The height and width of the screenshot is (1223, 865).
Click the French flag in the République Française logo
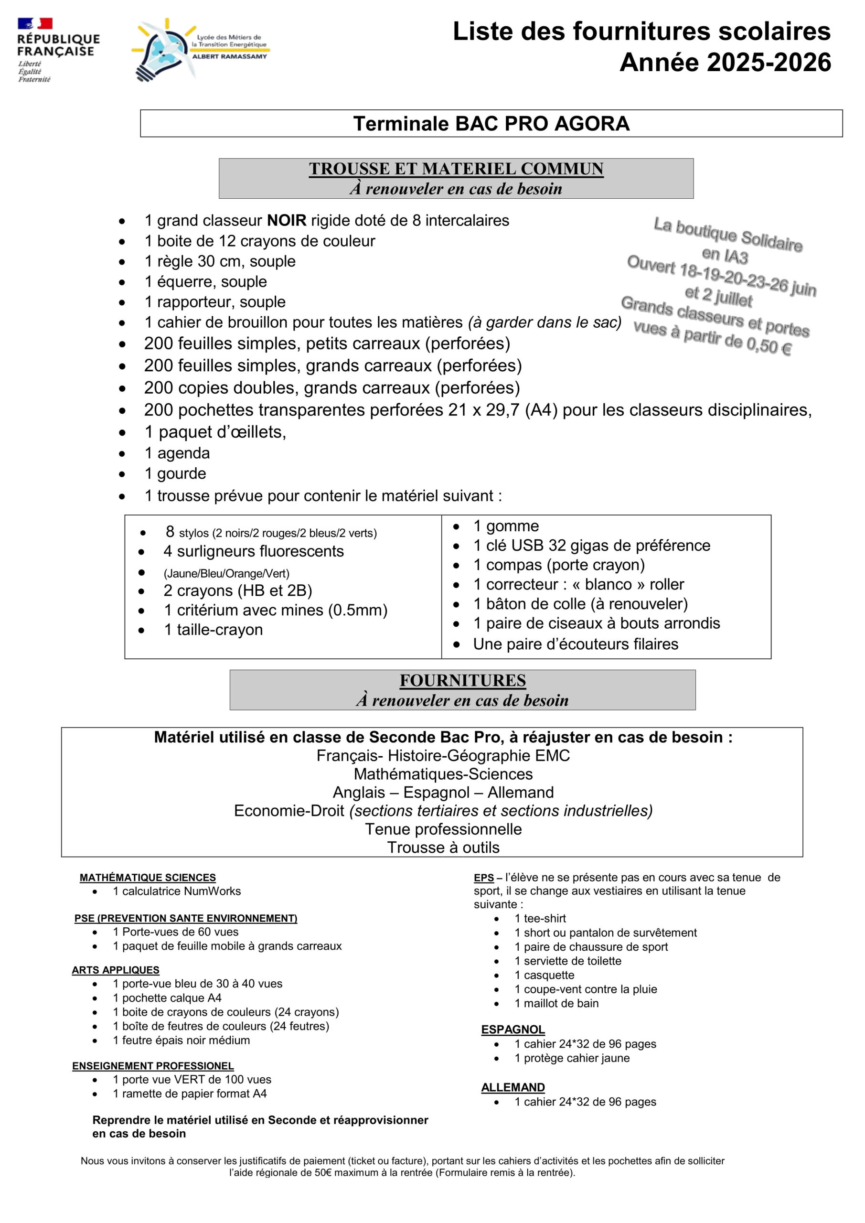(35, 23)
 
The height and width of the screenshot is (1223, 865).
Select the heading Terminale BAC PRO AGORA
(491, 124)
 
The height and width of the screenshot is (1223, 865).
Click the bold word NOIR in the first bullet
(287, 221)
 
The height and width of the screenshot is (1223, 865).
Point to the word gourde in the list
(182, 473)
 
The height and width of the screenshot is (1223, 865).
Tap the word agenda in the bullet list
(183, 453)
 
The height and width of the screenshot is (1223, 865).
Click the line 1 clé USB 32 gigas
(591, 546)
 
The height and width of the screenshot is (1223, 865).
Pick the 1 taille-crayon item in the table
(213, 630)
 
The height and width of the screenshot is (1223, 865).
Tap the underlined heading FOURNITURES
(462, 680)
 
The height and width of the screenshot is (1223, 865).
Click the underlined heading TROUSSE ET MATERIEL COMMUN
(456, 169)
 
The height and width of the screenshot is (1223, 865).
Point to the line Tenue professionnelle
(443, 829)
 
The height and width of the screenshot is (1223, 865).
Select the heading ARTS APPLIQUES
(116, 970)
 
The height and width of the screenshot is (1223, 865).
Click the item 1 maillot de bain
(556, 1003)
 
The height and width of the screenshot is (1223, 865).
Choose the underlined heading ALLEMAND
(513, 1087)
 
